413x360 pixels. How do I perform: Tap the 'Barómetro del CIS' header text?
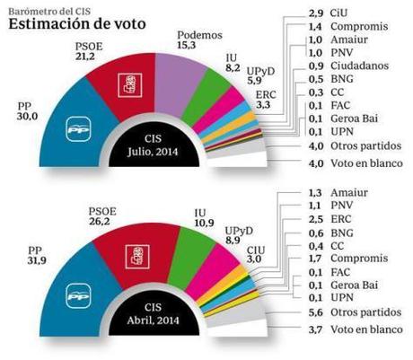point(45,8)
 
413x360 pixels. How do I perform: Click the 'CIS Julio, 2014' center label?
point(145,147)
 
